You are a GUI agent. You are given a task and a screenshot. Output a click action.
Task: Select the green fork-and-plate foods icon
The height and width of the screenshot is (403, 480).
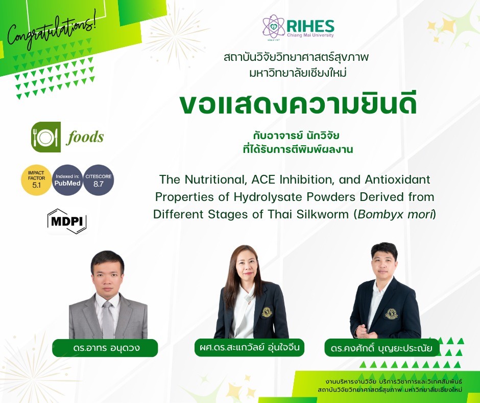click(x=46, y=137)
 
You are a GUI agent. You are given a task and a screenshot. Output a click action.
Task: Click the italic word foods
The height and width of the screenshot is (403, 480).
click(x=85, y=137)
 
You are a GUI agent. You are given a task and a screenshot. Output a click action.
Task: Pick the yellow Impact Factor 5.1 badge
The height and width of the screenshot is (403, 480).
click(x=36, y=180)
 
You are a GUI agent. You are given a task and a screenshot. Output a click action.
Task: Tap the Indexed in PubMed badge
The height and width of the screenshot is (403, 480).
click(x=68, y=180)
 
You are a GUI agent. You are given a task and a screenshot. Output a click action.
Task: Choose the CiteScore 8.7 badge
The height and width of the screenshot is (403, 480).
click(x=99, y=180)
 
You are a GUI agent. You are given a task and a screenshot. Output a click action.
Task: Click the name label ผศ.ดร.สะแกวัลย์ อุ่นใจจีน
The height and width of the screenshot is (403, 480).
click(x=250, y=348)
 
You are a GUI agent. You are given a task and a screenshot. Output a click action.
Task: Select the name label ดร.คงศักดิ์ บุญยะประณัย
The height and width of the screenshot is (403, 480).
click(x=381, y=349)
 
